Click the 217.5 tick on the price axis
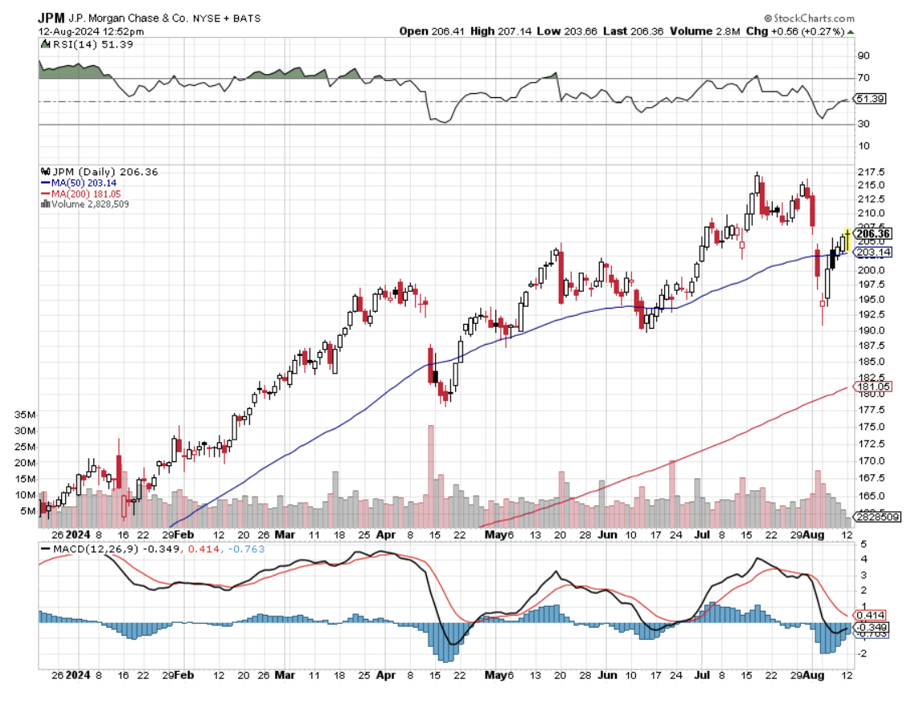click(x=872, y=173)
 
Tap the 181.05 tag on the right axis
click(x=873, y=386)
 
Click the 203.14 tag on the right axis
click(x=874, y=252)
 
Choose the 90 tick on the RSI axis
click(x=864, y=55)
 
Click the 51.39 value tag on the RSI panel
click(x=870, y=99)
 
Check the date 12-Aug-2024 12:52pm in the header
click(x=91, y=31)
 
